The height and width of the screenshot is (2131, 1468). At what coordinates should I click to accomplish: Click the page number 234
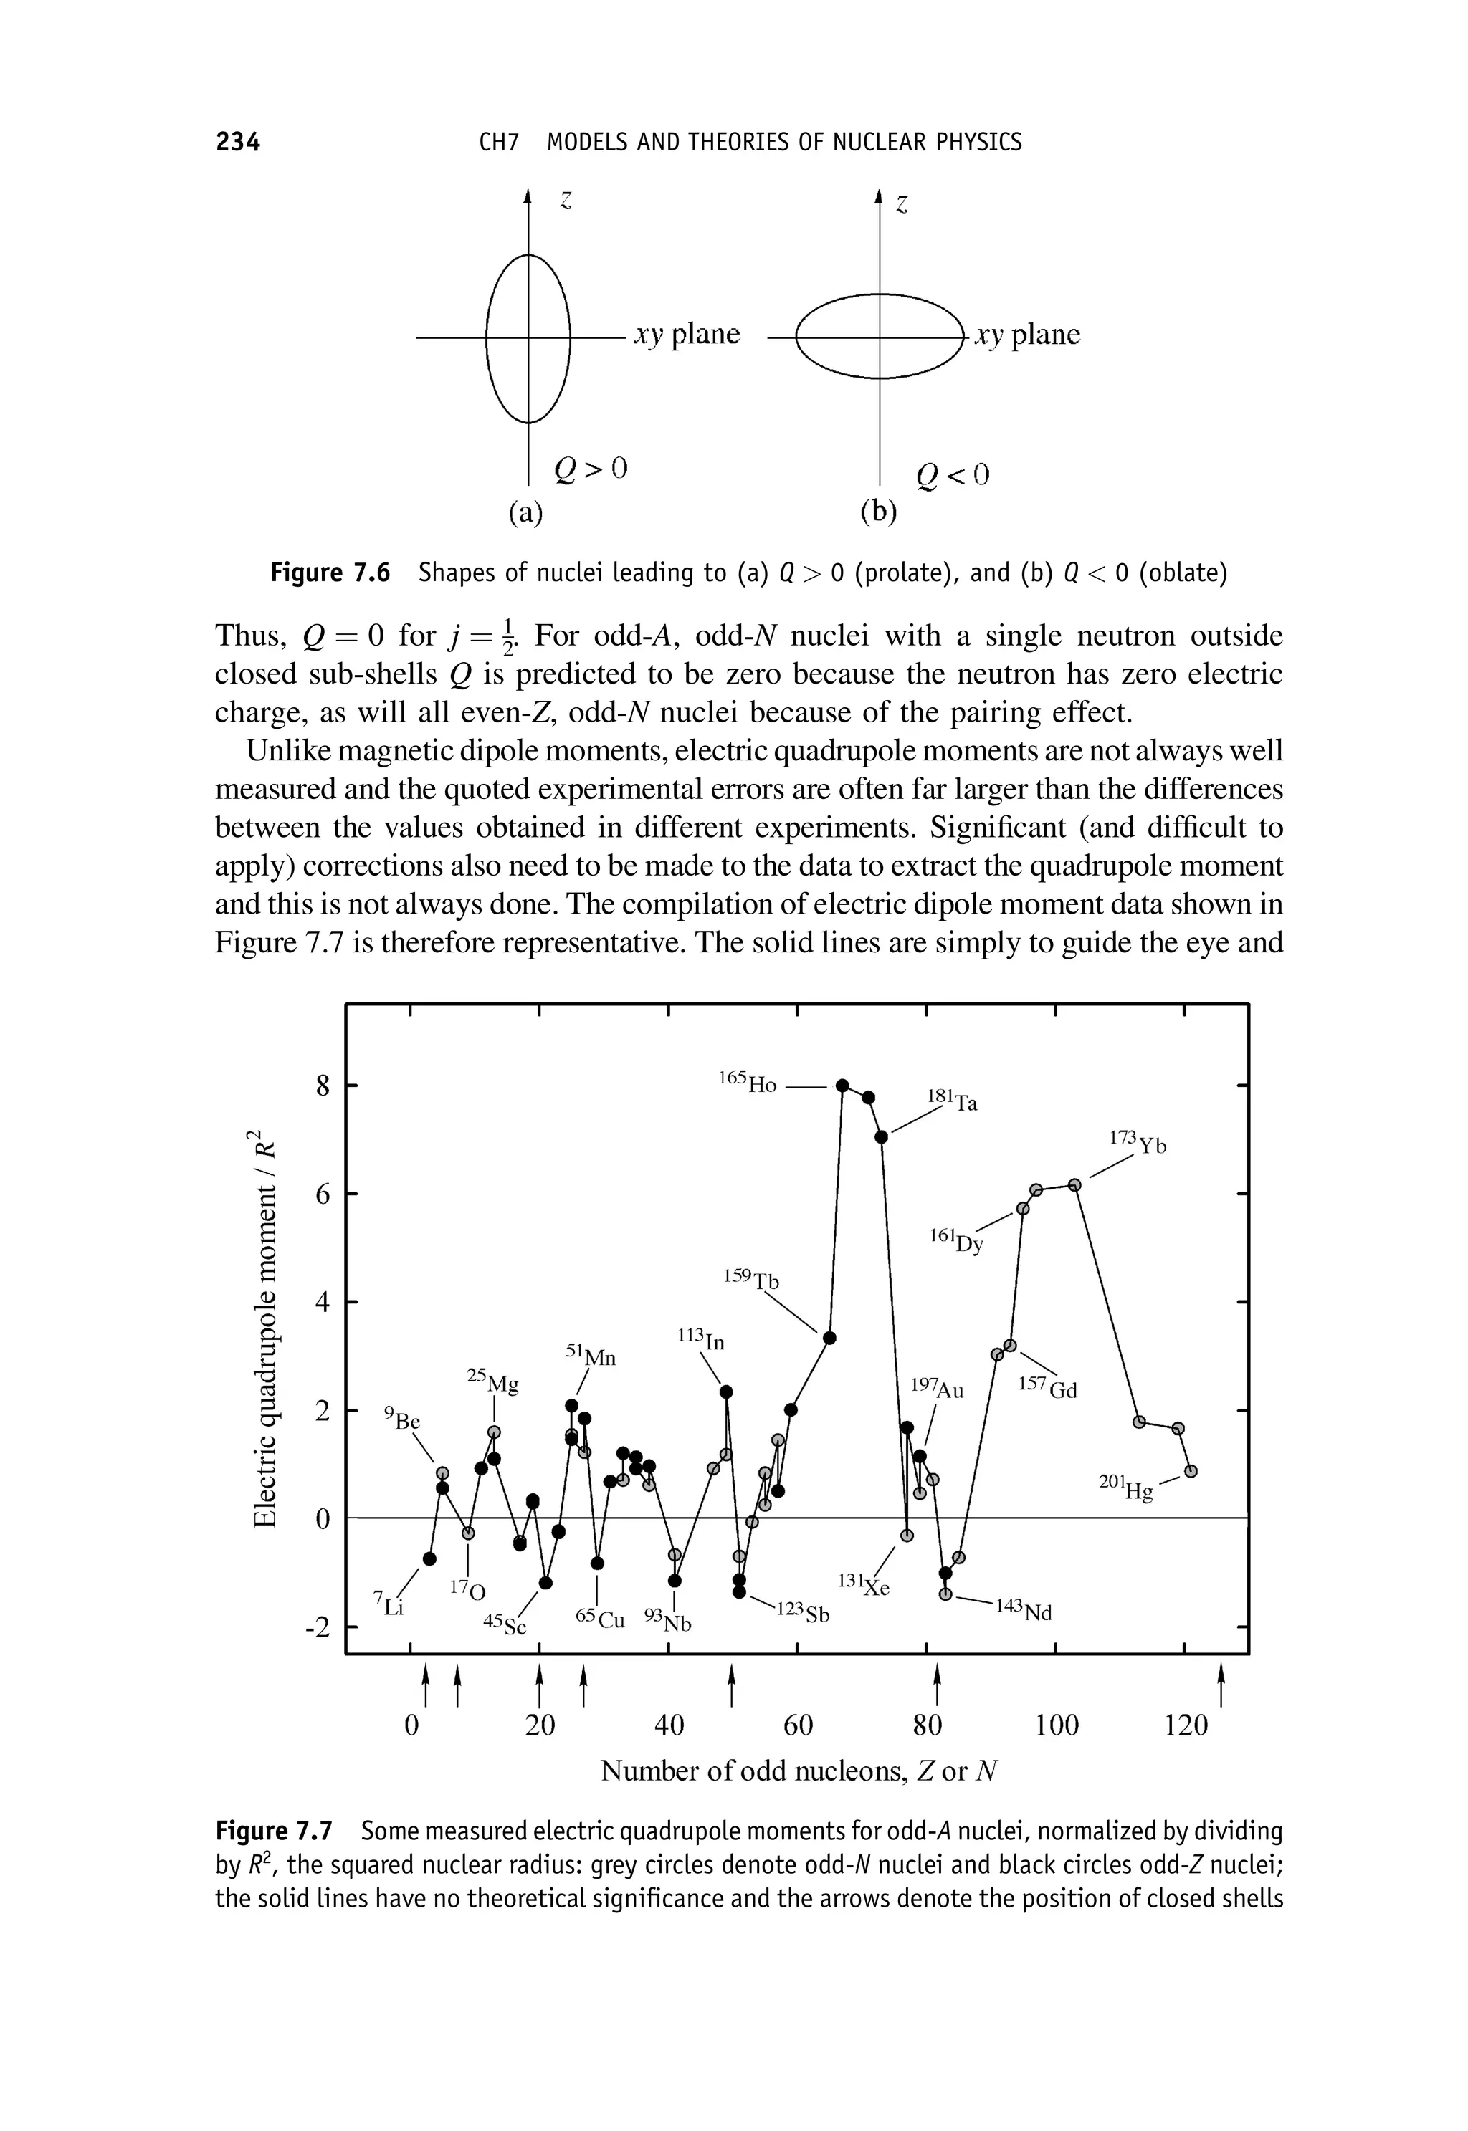coord(237,142)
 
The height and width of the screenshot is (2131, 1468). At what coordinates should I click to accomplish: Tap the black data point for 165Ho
coord(842,1085)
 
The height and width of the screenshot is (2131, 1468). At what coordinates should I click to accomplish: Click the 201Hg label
coord(1126,1488)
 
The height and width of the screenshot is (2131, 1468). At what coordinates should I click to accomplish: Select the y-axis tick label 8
coord(322,1087)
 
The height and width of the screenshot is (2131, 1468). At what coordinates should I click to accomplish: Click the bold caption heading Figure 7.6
coord(330,574)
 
